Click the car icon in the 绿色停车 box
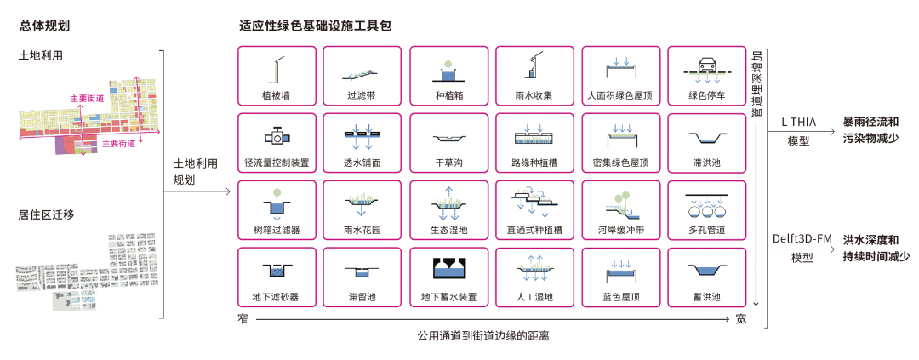point(706,67)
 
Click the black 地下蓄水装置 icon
point(449,268)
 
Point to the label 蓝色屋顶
point(620,298)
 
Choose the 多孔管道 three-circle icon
point(706,207)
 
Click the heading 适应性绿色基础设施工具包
point(316,26)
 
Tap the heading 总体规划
point(45,26)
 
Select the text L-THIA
point(799,122)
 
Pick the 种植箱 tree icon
point(449,68)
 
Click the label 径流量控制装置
point(277,163)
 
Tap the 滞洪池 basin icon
point(706,138)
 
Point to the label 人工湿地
point(534,298)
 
